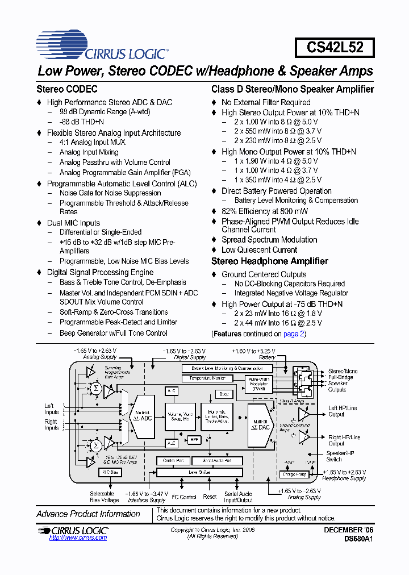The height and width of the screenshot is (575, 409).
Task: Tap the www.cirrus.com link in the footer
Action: [x=78, y=537]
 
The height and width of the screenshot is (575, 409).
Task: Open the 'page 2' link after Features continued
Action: [x=294, y=334]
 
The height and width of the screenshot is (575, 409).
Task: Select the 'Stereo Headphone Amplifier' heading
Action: [x=270, y=261]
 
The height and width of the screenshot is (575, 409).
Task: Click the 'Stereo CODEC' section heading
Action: [x=67, y=89]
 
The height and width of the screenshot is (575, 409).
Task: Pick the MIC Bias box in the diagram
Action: [x=110, y=472]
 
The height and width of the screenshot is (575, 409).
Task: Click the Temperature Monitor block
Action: [x=211, y=378]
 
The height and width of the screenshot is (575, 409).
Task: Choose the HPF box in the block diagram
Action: [x=194, y=439]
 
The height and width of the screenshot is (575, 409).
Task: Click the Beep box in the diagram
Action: [x=224, y=394]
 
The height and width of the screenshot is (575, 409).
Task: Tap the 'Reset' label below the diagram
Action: [x=210, y=497]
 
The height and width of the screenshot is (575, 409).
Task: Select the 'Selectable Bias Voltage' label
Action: [x=105, y=497]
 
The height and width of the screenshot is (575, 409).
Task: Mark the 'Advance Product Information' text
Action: [x=88, y=514]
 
